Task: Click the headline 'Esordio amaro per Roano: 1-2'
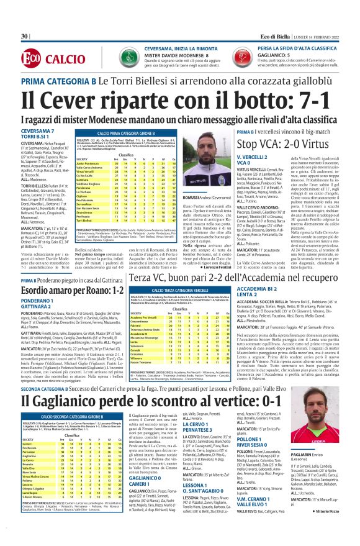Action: point(81,289)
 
